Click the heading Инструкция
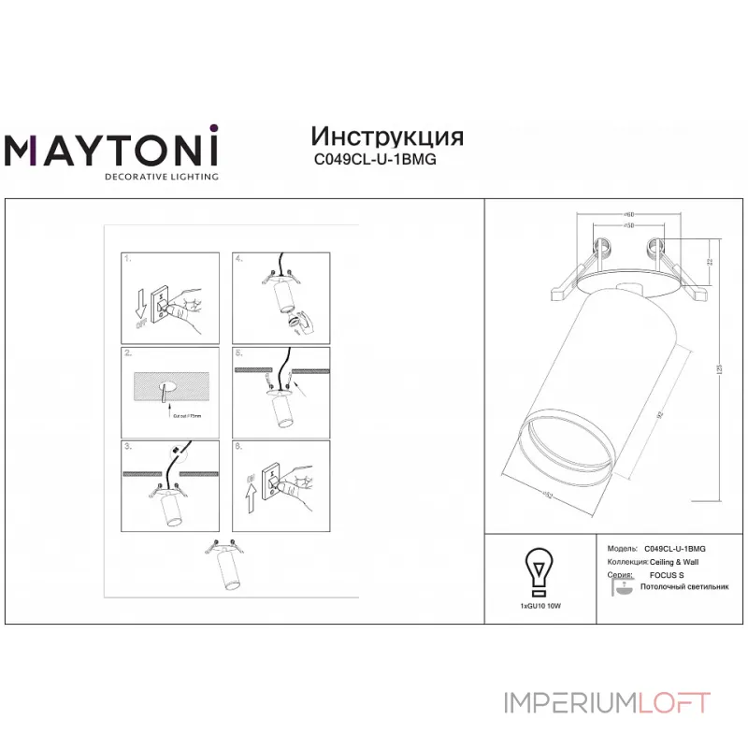point(386,136)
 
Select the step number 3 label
point(129,448)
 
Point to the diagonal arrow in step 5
point(297,378)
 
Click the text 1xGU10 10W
point(539,607)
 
